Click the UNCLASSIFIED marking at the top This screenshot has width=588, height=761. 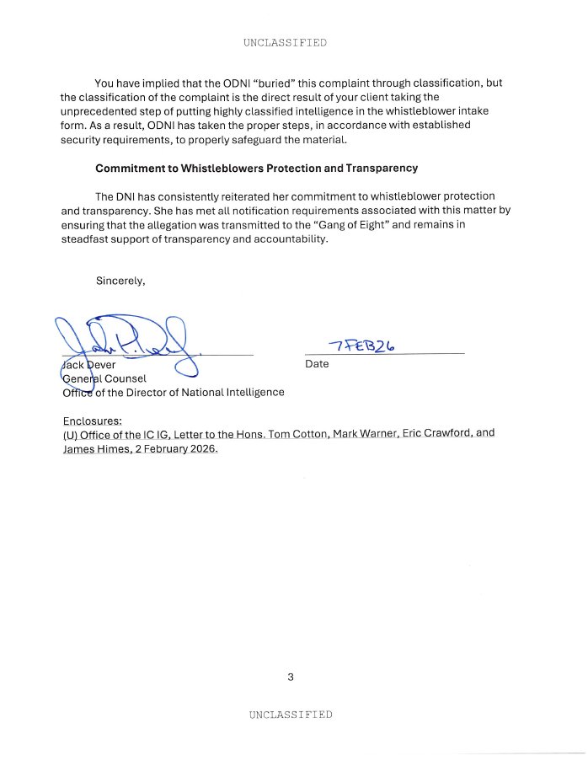pos(285,42)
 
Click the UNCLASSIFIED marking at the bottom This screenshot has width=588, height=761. pos(291,715)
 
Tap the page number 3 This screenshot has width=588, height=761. pos(291,677)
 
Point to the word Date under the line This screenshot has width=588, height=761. pos(317,364)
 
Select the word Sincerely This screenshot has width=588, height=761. pos(120,281)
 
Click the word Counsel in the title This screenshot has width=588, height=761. pos(125,378)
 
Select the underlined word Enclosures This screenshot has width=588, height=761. pos(93,420)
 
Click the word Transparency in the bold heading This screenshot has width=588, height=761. pos(382,168)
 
